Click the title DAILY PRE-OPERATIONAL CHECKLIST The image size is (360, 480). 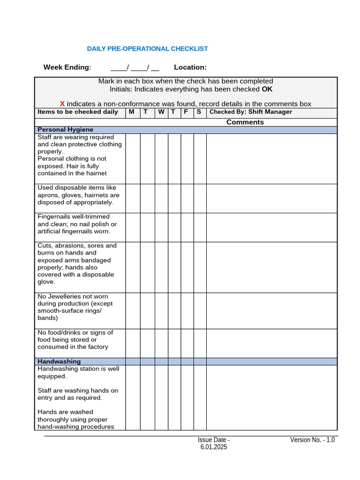(147, 49)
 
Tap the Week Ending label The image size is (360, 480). (67, 67)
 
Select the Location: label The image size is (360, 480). (190, 67)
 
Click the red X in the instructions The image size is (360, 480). (62, 104)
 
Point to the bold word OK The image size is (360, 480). (267, 89)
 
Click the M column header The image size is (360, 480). (131, 112)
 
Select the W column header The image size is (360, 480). (161, 112)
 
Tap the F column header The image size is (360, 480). (186, 112)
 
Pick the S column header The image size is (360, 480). (199, 112)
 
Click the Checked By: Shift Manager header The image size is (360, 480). (250, 112)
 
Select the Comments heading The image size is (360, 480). (245, 122)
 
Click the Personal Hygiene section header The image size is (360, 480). (65, 130)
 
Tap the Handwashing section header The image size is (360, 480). (59, 361)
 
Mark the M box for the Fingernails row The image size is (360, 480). (133, 227)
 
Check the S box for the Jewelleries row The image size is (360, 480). (200, 311)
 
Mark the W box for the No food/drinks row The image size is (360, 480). (161, 343)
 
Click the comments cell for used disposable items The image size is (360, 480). (271, 198)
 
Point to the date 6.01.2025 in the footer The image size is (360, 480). (213, 447)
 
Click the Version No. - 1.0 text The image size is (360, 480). (312, 440)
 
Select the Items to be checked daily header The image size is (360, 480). (78, 112)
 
